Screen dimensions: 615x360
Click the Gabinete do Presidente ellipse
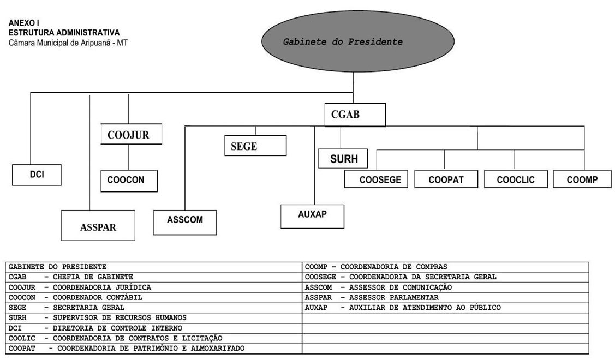[358, 41]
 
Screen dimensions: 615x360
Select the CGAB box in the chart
[355, 115]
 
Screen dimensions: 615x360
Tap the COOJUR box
[131, 134]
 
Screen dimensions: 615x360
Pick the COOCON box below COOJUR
[129, 181]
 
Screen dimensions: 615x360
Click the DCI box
[37, 175]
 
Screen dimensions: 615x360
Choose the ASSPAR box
[98, 225]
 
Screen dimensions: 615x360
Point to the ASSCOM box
[185, 223]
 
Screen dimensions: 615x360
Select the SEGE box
[255, 146]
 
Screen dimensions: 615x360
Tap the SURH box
[343, 158]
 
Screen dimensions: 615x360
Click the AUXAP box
[312, 217]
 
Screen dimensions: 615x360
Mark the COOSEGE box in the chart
[376, 179]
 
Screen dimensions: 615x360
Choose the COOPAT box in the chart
[446, 179]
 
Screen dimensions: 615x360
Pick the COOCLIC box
[515, 179]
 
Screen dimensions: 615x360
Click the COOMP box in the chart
[582, 179]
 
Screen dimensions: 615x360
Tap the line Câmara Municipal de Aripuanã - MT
[68, 43]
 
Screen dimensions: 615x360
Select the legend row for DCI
[95, 328]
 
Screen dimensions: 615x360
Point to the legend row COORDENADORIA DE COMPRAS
[376, 267]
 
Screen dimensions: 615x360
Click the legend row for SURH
[98, 317]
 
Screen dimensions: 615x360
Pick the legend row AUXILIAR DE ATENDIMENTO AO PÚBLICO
[403, 308]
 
